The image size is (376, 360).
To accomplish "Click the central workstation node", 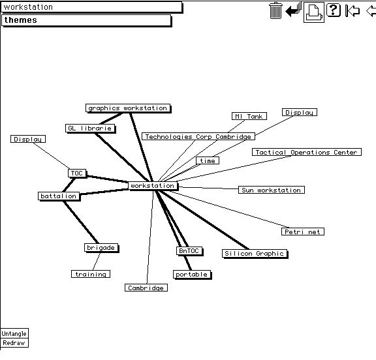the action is click(x=153, y=186).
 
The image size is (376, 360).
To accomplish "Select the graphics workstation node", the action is click(x=128, y=108).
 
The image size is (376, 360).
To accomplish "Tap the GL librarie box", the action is click(x=90, y=128).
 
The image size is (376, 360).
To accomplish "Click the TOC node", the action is click(x=77, y=173).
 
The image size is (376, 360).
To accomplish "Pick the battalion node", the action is click(x=59, y=196).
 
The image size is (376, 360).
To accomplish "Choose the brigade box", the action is click(x=101, y=248).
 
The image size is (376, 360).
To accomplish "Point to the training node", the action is click(x=91, y=274).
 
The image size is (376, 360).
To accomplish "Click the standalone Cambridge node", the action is click(x=146, y=288).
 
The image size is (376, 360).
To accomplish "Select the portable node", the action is click(x=192, y=275).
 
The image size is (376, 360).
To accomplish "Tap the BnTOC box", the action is click(x=189, y=251).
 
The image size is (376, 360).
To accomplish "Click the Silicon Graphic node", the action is click(x=255, y=254).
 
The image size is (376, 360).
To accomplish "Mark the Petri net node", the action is click(x=303, y=232).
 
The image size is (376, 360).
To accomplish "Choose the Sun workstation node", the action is click(x=272, y=190).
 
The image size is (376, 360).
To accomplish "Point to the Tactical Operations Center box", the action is click(x=307, y=152).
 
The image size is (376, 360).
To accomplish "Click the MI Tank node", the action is click(x=249, y=116).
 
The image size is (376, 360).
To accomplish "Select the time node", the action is click(x=208, y=160).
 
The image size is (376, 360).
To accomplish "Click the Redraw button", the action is click(x=14, y=343).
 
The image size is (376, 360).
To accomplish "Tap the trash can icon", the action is click(x=275, y=10).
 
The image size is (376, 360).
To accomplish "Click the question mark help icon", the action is click(x=334, y=10).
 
